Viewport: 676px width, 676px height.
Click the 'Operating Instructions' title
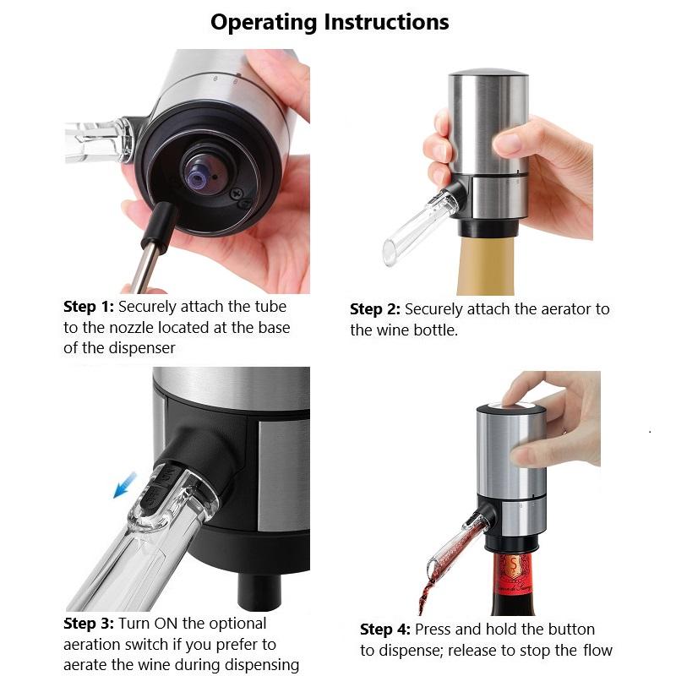(330, 22)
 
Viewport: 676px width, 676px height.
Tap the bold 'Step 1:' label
(89, 307)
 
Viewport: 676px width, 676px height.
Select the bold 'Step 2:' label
(375, 309)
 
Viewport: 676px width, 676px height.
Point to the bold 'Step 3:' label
(89, 624)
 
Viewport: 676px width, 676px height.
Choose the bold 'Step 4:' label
(385, 630)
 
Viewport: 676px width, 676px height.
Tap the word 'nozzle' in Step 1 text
(143, 328)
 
